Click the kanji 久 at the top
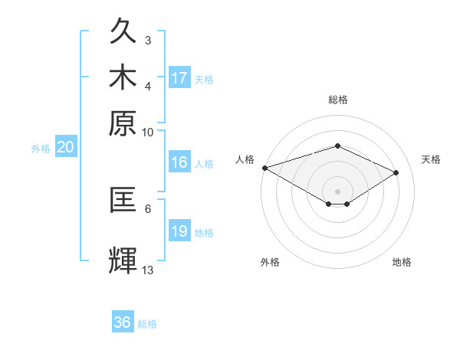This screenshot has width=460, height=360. pos(123,31)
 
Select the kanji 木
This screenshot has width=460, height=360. pos(123,77)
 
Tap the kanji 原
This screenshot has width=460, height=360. pos(123,123)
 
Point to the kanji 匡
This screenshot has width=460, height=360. pos(123,199)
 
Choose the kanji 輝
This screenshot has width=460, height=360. pos(123,260)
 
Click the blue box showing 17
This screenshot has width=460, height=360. pos(179,77)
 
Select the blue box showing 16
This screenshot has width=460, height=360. pos(179,162)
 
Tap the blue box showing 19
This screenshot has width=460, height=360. pos(179,230)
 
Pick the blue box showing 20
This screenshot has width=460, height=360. pos(66,146)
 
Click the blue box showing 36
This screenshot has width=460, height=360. pos(123,321)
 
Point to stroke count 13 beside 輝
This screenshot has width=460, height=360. pos(147,270)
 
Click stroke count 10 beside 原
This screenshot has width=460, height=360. pos(147,133)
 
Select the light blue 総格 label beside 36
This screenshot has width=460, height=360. pos(147,324)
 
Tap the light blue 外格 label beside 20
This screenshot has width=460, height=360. pos(41,149)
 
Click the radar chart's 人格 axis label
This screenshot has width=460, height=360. pos(245,159)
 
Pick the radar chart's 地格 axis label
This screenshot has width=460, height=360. pos(402,262)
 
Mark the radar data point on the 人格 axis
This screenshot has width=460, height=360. pos(265,168)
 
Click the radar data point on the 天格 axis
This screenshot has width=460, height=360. pos(396,172)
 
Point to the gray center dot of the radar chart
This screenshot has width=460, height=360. pos(337,191)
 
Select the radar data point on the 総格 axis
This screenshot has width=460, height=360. pos(337,146)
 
